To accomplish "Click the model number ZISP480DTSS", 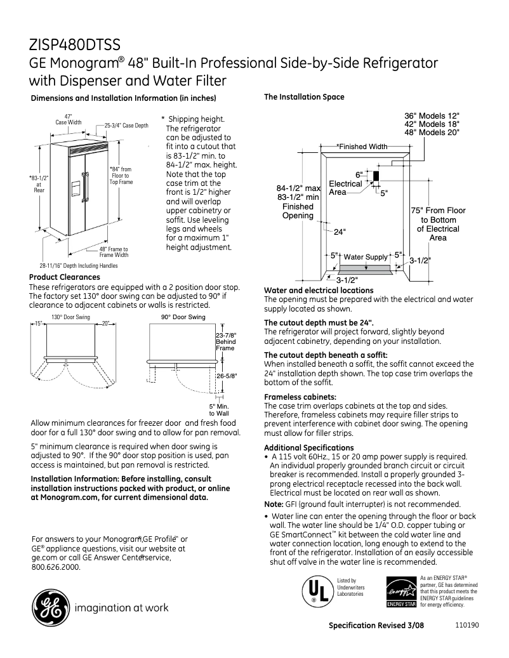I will click(74, 45).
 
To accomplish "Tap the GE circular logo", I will click(48, 608).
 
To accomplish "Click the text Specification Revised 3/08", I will click(376, 625).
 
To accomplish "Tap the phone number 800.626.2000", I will click(56, 567).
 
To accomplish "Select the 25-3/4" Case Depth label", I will click(126, 126).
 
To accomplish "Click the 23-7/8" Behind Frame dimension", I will click(226, 341).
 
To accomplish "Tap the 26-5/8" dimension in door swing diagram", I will click(227, 376).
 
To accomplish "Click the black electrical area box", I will click(376, 176).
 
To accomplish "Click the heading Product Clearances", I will click(65, 277).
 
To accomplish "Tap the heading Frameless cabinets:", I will click(295, 397).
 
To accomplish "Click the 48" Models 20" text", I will click(432, 133).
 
